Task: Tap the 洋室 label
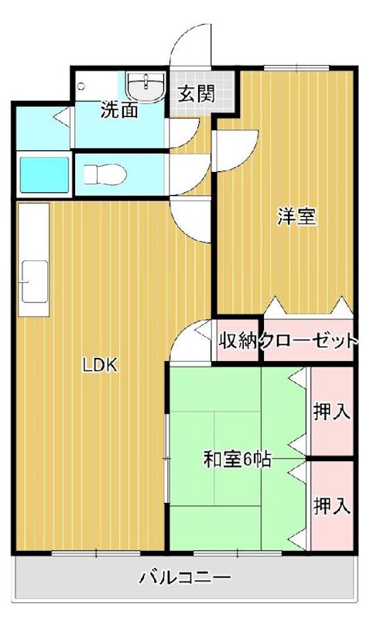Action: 297,216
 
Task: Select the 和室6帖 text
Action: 236,460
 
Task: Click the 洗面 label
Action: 119,111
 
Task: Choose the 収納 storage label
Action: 238,340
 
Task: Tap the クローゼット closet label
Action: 310,340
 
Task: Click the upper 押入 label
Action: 332,411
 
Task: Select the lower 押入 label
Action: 332,507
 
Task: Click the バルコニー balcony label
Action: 185,577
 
